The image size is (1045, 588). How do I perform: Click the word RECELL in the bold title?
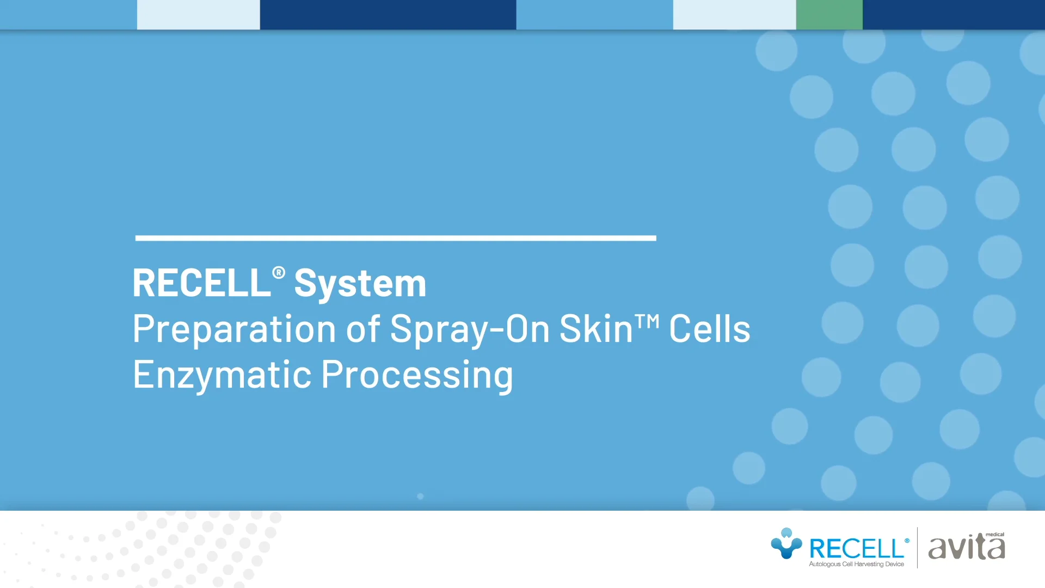pos(201,283)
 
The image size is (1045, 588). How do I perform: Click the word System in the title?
pos(360,284)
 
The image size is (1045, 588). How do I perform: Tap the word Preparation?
pos(234,329)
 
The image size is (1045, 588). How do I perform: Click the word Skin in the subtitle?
pos(595,329)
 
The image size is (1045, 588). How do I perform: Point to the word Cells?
pos(709,329)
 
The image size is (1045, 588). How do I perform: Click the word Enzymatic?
pos(222,375)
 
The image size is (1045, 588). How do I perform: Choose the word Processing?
pos(417,375)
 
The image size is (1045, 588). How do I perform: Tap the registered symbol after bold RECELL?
pos(279,272)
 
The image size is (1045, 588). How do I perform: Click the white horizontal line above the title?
pos(396,238)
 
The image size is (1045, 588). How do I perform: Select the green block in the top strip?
pos(829,15)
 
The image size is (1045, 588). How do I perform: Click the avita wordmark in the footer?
pos(966,548)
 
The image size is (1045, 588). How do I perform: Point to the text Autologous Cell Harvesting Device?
pos(856,564)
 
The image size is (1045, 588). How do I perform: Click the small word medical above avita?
pos(995,535)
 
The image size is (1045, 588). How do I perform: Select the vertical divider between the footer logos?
pos(918,547)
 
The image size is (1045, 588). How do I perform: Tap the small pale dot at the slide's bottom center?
pos(420,497)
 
